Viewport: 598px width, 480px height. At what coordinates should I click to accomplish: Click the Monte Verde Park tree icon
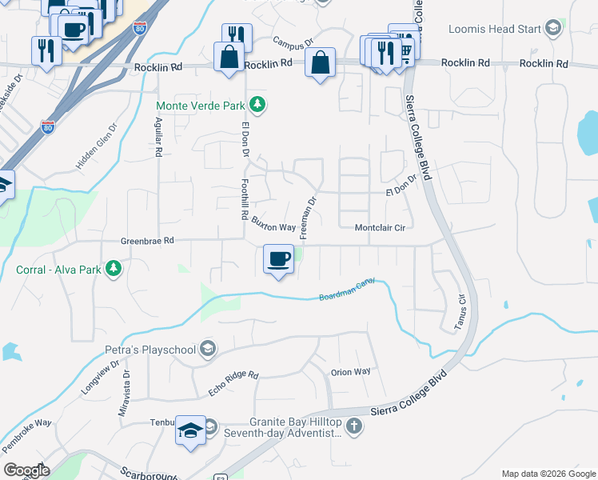pos(257,105)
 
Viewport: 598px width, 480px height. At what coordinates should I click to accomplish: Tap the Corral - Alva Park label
pos(58,270)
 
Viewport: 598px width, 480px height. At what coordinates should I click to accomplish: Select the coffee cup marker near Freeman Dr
pos(278,259)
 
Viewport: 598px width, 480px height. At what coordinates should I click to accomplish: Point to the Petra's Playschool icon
pos(208,349)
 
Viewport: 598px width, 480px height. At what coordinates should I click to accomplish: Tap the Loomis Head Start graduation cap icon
pos(552,30)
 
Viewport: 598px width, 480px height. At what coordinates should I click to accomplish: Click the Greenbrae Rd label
pos(147,240)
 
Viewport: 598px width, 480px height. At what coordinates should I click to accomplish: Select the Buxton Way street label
pos(273,223)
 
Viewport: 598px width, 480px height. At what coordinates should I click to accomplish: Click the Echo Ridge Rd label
pos(233,381)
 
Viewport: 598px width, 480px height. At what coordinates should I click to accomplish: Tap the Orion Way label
pos(351,372)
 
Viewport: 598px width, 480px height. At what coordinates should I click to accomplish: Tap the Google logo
pos(26,470)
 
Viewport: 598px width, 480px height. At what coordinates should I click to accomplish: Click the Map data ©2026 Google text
pos(548,474)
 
